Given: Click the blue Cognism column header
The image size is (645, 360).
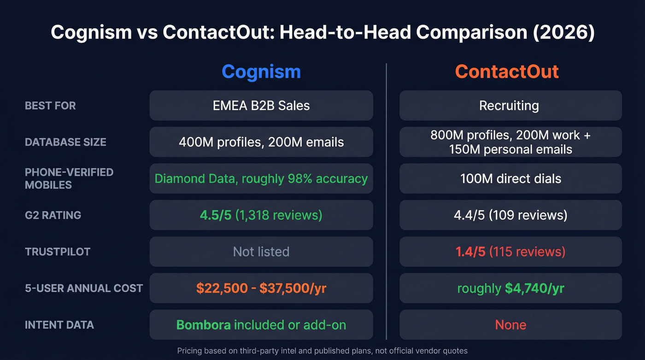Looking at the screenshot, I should point(261,72).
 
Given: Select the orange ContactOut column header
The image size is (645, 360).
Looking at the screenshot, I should point(507,72).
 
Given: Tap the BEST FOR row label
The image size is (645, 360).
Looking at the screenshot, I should point(50,106).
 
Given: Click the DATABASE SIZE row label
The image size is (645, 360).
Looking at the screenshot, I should point(65,142).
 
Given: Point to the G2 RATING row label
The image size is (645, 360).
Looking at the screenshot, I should point(53,215).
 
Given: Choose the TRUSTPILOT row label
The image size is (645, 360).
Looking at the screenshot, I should point(58,252).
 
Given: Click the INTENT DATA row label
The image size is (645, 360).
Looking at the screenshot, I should point(59,325).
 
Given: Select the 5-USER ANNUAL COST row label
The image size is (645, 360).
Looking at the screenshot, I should point(84,288).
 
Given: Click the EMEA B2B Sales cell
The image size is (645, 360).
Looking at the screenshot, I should point(261,106).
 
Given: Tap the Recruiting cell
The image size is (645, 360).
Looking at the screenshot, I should point(509,106).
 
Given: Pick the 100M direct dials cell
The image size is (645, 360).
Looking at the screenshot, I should point(510,178).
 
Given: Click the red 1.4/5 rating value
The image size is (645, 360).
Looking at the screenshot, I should point(470,252).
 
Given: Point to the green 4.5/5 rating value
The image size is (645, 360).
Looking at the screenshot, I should point(216,215).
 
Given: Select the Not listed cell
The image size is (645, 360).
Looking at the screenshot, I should point(261,252).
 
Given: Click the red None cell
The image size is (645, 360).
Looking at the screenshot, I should point(510,325).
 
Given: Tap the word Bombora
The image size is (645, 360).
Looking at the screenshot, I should point(204,325).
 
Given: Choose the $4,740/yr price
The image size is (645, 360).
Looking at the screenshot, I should point(534,288).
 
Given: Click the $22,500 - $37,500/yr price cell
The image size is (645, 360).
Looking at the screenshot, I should point(261,288).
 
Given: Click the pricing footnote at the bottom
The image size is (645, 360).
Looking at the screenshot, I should point(322,351).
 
